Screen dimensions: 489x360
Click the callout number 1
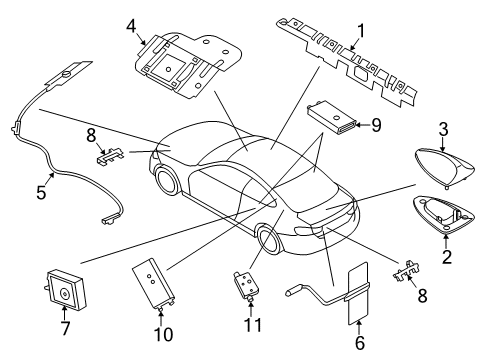coord(361,31)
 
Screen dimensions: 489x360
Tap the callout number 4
coord(132,26)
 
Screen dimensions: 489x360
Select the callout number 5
coord(41,192)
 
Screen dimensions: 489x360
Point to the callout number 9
coord(376,125)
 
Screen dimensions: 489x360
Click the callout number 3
coord(443,130)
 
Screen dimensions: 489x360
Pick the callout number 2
coord(447,256)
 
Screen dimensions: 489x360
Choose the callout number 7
coord(65,328)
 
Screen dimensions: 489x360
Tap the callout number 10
coord(163,334)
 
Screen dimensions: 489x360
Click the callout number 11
coord(253,325)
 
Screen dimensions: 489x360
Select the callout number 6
coord(360,343)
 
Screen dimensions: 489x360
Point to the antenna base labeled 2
coord(444,214)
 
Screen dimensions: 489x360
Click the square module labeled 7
coord(65,289)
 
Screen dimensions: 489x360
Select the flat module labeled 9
coord(333,118)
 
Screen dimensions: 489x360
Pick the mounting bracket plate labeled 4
coord(187,65)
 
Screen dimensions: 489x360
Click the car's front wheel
coord(167,180)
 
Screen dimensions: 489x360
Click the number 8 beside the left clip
coord(91,136)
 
